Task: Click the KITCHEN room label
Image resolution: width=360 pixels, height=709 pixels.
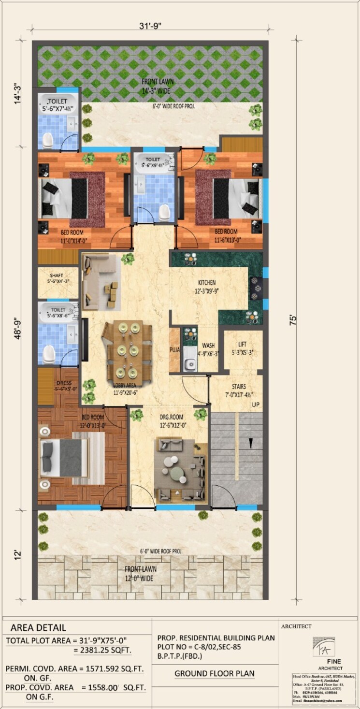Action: point(206,283)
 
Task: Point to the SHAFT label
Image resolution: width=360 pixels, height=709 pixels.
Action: point(58,275)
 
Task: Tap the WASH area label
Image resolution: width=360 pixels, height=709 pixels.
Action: point(208,346)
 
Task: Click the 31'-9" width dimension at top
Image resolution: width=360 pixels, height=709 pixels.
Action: point(150,26)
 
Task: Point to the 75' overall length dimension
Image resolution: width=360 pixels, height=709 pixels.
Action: point(292,320)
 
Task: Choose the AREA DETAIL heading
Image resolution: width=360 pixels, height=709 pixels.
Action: point(38,628)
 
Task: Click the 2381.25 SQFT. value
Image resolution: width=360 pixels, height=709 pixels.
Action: point(102,651)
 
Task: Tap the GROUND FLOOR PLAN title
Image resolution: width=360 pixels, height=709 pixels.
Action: point(215,673)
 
